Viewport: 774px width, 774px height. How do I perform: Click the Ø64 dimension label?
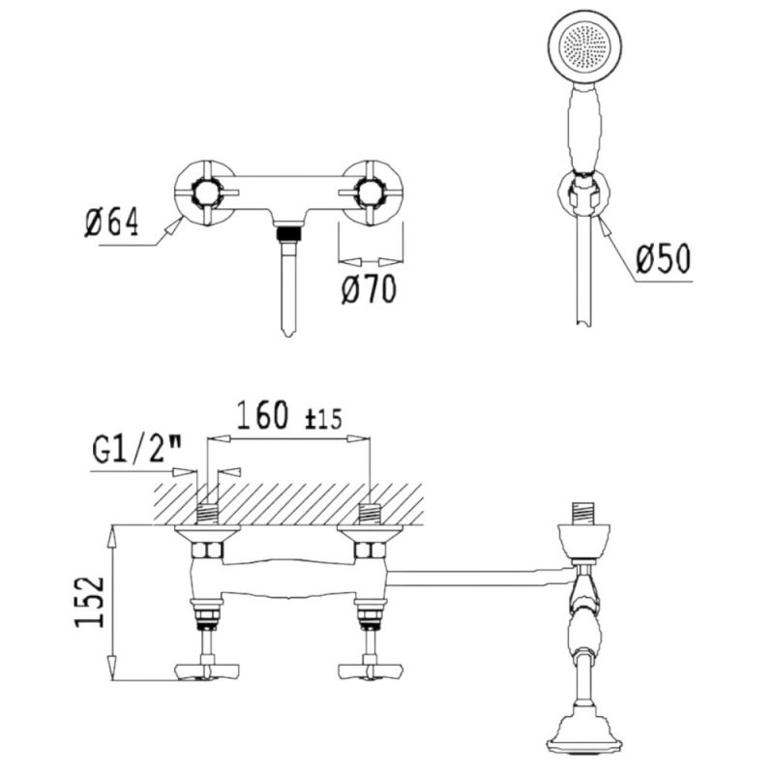click(x=111, y=223)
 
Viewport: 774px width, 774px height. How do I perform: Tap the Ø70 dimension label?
click(x=369, y=288)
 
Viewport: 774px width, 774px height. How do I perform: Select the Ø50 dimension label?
click(x=664, y=259)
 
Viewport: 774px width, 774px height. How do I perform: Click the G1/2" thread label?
click(x=136, y=450)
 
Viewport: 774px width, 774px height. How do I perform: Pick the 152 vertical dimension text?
click(x=90, y=602)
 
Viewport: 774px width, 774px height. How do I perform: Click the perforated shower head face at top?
click(x=585, y=46)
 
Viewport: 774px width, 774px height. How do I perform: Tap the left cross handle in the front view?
click(x=205, y=193)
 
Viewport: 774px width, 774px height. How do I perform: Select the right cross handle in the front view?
click(x=371, y=193)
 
